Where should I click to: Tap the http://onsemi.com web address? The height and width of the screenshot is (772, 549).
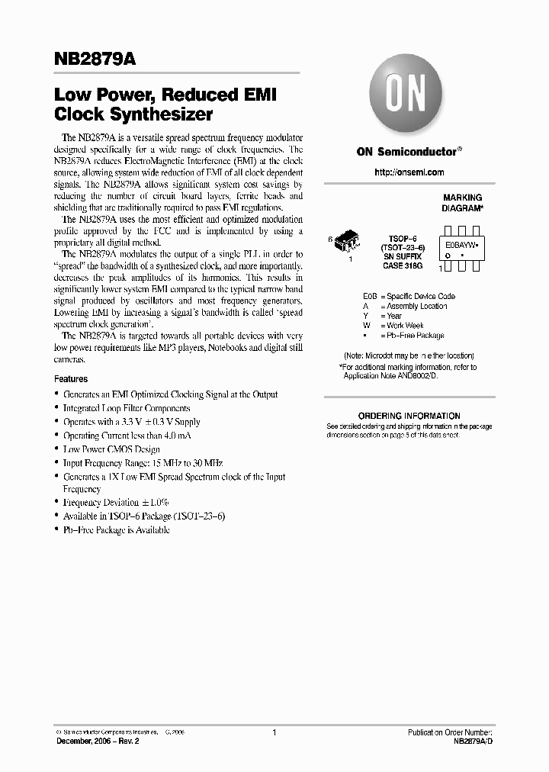click(409, 172)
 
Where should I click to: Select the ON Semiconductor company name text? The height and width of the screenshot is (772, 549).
click(407, 151)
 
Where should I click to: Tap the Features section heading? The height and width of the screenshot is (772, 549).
click(71, 379)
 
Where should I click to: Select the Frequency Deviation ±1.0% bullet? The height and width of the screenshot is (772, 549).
click(116, 503)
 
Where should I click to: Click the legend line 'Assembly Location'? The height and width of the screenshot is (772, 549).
click(416, 306)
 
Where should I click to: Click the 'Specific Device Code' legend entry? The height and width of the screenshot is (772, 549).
click(420, 296)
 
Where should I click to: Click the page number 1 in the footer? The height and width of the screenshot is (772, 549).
click(274, 732)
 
